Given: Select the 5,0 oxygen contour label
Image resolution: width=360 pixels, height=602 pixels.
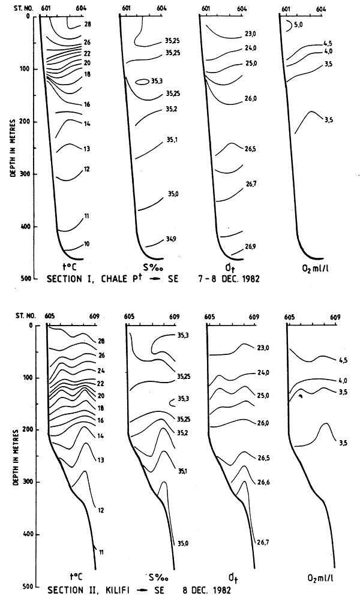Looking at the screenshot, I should pos(298,25).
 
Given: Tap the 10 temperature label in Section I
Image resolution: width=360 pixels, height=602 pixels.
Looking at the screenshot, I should pos(87,244).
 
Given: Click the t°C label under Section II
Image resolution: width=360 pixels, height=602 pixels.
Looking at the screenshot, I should pos(76,578).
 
